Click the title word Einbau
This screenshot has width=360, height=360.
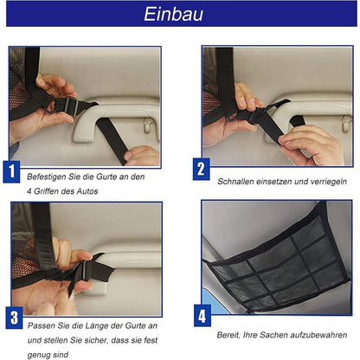[179, 16]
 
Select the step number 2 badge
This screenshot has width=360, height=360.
[201, 169]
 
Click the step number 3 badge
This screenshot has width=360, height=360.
[14, 318]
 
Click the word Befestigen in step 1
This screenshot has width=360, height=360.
[45, 177]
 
